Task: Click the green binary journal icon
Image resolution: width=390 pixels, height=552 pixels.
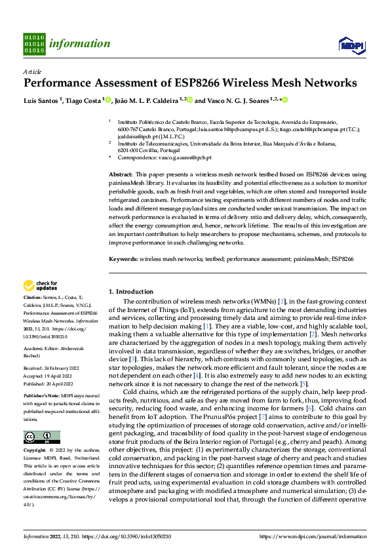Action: point(34,44)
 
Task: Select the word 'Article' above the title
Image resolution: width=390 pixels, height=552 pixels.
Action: point(32,71)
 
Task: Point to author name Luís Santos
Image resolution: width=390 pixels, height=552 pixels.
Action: point(41,100)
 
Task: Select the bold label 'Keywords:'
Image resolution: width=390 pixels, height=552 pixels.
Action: point(123,260)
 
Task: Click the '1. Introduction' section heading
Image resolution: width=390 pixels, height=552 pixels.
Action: point(130,291)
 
